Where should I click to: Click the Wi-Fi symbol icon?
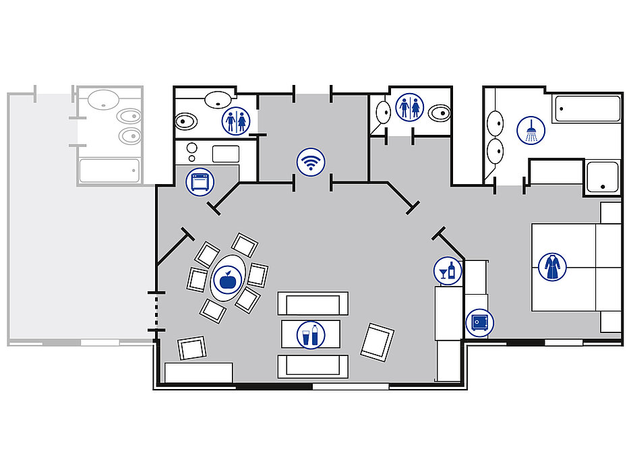[x=311, y=163]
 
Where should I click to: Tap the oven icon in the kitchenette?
[x=200, y=181]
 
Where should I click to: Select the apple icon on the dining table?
[x=227, y=279]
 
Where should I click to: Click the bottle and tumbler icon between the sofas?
[x=311, y=335]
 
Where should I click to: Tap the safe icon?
[x=479, y=323]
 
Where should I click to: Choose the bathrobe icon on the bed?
[x=552, y=267]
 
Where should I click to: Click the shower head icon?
[x=531, y=130]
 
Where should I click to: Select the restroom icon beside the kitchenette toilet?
[x=236, y=121]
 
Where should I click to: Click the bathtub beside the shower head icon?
[x=586, y=109]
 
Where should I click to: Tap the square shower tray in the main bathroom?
[x=602, y=177]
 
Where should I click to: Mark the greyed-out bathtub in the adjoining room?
[x=109, y=171]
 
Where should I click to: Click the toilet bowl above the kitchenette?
[x=186, y=122]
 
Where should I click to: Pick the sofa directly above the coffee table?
[x=313, y=303]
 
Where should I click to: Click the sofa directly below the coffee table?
[x=313, y=366]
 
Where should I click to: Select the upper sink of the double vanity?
[x=496, y=122]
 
